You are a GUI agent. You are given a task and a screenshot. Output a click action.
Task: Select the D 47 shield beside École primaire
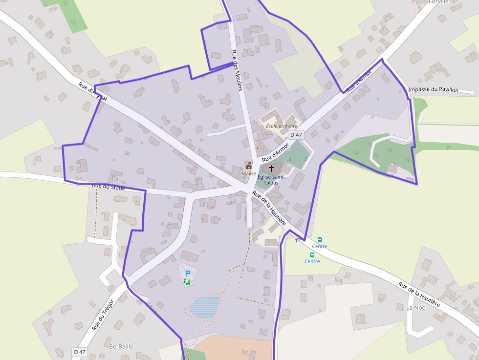pyautogui.click(x=296, y=134)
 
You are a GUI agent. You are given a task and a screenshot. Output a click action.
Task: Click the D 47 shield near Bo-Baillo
pyautogui.click(x=79, y=352)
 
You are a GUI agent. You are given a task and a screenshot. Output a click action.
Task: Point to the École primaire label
pyautogui.click(x=282, y=126)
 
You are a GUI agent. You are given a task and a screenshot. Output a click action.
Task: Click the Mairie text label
pyautogui.click(x=249, y=173)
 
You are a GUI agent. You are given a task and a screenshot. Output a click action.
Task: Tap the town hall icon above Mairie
pyautogui.click(x=249, y=166)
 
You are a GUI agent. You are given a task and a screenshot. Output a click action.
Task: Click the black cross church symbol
pyautogui.click(x=271, y=168)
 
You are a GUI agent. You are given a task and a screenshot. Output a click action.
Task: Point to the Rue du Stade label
pyautogui.click(x=109, y=186)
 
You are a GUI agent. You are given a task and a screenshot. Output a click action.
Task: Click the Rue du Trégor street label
pyautogui.click(x=102, y=315)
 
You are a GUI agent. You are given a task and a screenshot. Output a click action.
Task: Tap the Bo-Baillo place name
pyautogui.click(x=121, y=346)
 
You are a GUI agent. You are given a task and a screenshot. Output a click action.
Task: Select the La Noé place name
pyautogui.click(x=416, y=307)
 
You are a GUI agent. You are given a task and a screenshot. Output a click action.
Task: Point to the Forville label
pyautogui.click(x=438, y=2)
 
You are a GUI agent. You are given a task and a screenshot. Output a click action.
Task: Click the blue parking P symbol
pyautogui.click(x=187, y=274)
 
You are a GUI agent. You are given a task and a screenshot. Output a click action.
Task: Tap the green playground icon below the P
pyautogui.click(x=186, y=282)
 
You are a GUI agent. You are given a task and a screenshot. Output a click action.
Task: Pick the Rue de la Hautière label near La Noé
pyautogui.click(x=419, y=294)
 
